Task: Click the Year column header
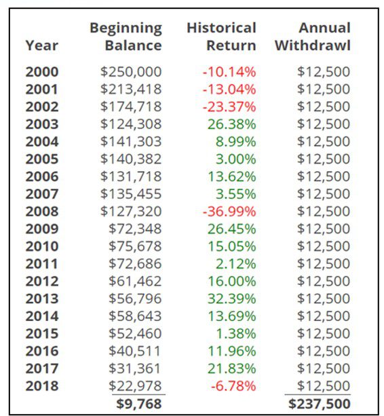tap(42, 45)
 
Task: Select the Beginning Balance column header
tap(126, 37)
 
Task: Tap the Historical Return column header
tap(221, 37)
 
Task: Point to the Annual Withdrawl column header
tap(313, 37)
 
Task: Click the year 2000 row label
tap(42, 72)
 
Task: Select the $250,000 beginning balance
tap(131, 72)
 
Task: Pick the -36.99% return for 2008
tap(229, 212)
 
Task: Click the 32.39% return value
tap(232, 299)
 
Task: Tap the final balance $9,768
tap(138, 404)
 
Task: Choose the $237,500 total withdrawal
tap(320, 404)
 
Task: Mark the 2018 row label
tap(42, 386)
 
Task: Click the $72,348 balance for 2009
tap(135, 229)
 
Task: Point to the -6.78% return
tap(233, 386)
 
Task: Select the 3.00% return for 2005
tap(235, 159)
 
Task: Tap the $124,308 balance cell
tap(131, 124)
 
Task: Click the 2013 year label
tap(42, 299)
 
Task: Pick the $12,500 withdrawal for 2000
tap(324, 72)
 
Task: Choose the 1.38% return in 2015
tap(235, 334)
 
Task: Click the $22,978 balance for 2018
tap(135, 386)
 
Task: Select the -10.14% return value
tap(229, 72)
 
